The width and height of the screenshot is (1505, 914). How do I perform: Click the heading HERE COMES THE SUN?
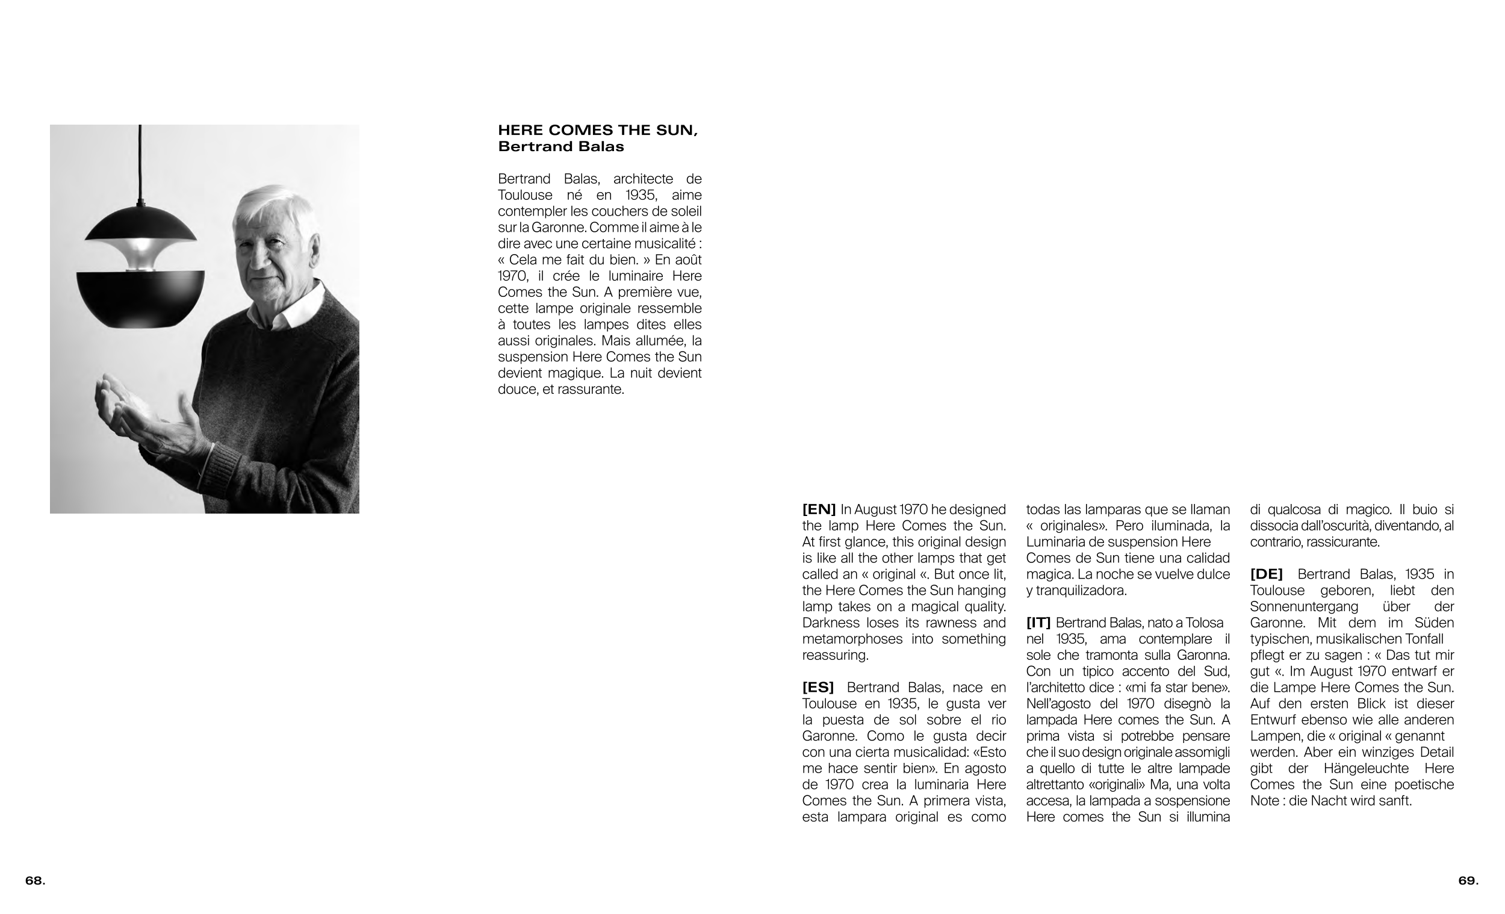tap(597, 130)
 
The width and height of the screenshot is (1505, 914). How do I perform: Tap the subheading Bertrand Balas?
tap(560, 147)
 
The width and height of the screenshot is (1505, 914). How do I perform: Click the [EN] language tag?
tap(819, 509)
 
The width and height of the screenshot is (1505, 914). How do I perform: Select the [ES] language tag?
tap(818, 688)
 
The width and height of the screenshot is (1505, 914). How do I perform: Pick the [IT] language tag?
tap(1038, 623)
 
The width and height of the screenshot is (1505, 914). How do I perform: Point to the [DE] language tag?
tap(1266, 574)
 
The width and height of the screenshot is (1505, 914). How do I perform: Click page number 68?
tap(35, 880)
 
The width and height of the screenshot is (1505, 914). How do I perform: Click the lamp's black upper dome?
tap(140, 223)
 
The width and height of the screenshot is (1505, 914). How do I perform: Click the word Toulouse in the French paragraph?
tap(526, 195)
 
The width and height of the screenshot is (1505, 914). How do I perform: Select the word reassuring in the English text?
tap(834, 655)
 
